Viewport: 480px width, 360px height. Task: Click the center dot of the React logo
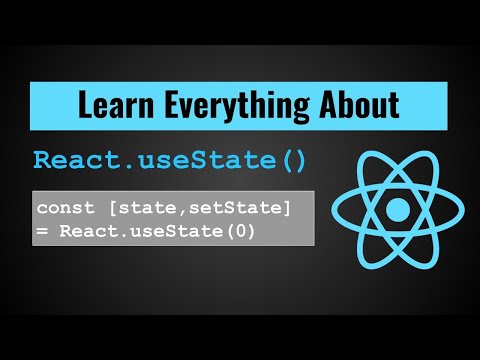tap(398, 210)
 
